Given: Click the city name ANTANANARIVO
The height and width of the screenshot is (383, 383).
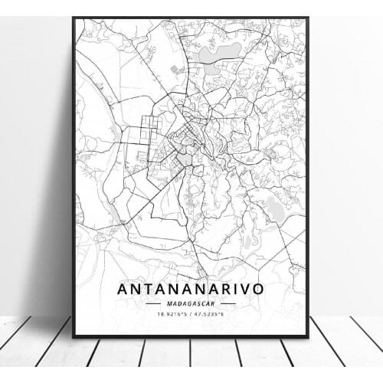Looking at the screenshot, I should [191, 290].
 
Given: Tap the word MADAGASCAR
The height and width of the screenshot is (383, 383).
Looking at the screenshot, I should [191, 303].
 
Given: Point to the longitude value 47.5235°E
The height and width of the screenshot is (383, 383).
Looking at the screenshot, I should [210, 313].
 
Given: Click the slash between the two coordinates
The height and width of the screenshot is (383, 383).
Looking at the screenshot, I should [191, 313].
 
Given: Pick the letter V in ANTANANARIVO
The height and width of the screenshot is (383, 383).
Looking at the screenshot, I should [247, 290].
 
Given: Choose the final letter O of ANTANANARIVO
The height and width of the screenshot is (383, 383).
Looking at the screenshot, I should [260, 290].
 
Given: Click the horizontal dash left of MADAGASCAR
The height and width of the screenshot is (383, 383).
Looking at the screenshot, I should [153, 303].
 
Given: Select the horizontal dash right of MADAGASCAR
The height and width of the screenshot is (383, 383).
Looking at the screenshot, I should [228, 303].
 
